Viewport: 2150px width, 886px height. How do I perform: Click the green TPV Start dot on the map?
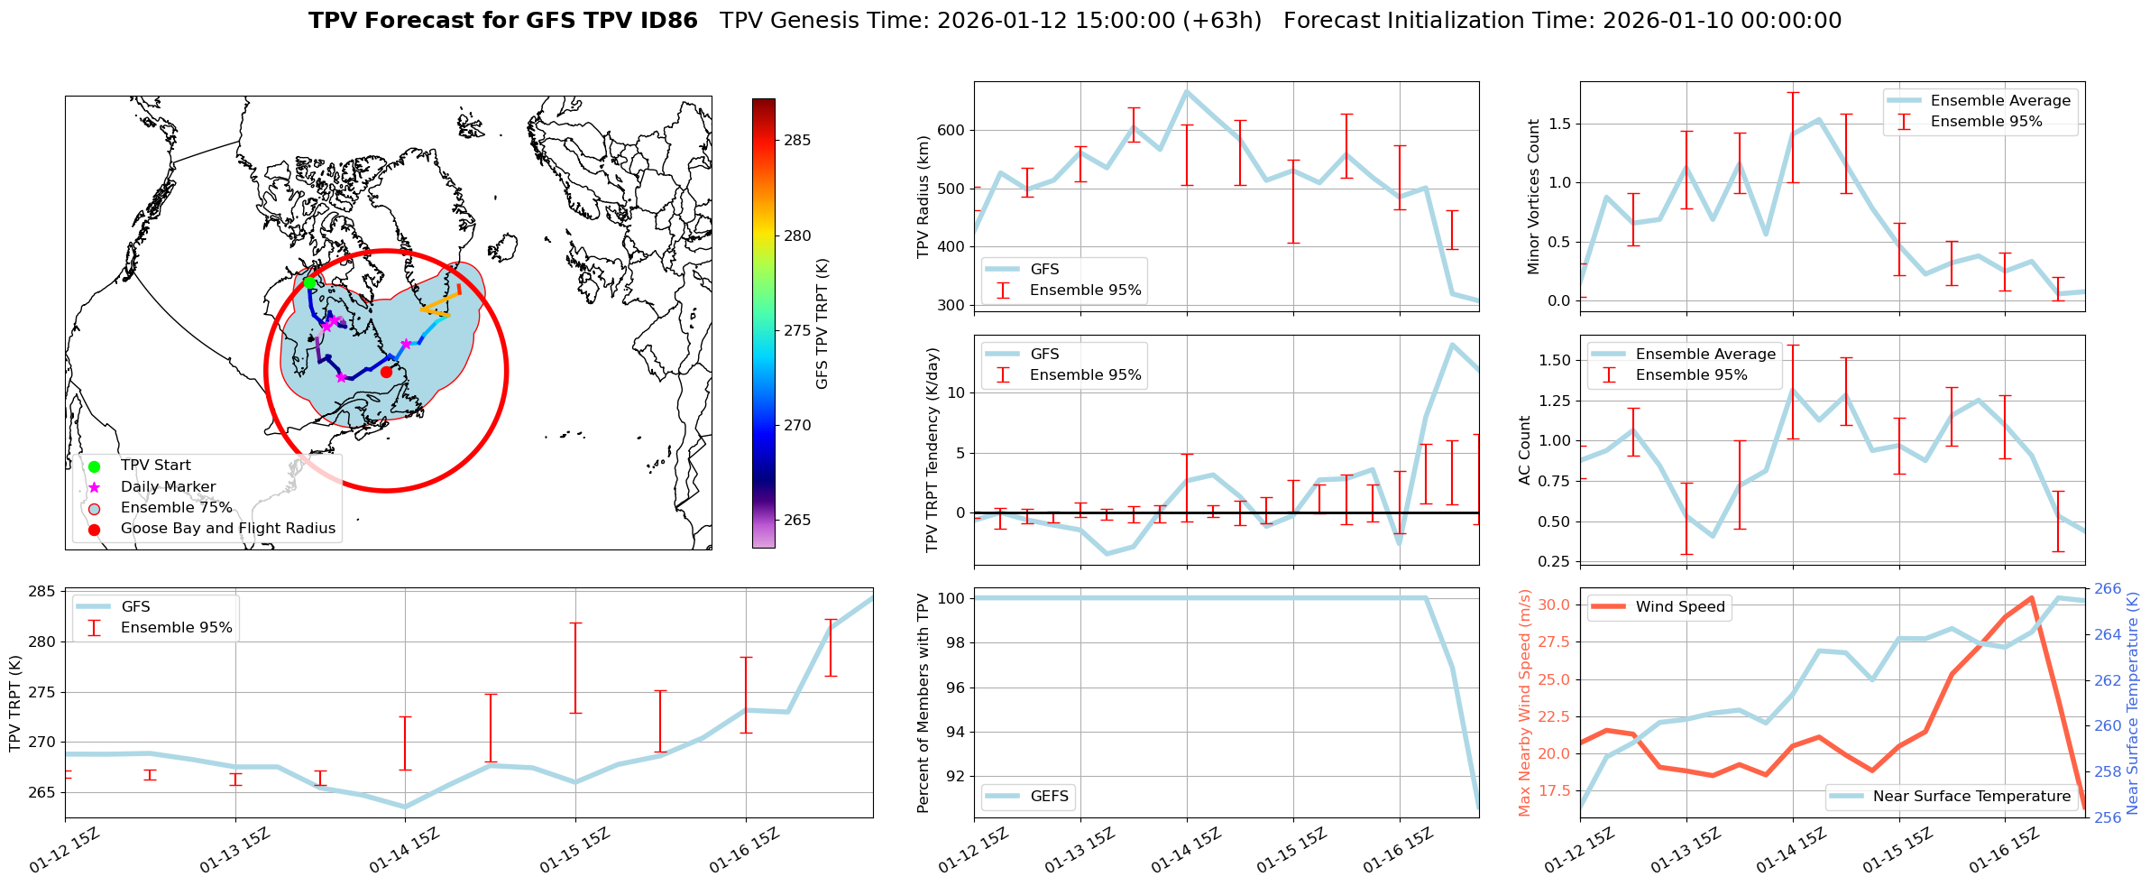(x=309, y=282)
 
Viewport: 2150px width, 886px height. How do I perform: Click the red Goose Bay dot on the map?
(x=386, y=372)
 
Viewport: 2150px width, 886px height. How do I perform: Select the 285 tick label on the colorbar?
(x=797, y=140)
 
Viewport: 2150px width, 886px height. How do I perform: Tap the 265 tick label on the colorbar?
(x=797, y=520)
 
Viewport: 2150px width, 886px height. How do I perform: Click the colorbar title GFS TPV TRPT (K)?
(x=822, y=324)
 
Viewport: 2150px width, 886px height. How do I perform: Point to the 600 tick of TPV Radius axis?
(x=951, y=130)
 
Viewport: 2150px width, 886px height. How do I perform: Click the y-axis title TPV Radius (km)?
(x=923, y=197)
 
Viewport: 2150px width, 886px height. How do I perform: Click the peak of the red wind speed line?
(x=2030, y=597)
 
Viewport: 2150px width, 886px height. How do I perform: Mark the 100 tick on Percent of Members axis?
(x=953, y=598)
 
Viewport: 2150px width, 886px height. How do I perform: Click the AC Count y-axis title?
(x=1524, y=450)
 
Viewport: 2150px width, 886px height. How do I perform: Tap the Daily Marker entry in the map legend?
(x=168, y=487)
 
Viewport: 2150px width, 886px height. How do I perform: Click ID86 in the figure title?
(x=666, y=21)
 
